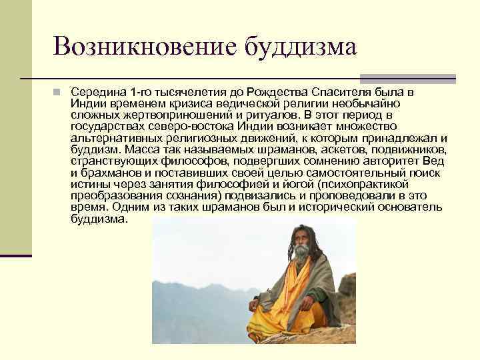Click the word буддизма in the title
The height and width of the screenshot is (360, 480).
point(299,47)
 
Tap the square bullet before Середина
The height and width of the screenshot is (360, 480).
point(59,91)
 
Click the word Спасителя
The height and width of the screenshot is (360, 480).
point(349,91)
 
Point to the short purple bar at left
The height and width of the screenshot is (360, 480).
point(15,255)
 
